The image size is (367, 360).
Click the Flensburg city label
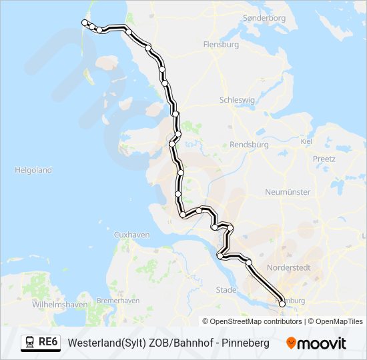point(220,45)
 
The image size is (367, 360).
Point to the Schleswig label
point(237,100)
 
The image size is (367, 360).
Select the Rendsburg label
point(248,144)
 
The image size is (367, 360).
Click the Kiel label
point(307,141)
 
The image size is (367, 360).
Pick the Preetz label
point(324,159)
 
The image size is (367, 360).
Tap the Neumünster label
point(288,192)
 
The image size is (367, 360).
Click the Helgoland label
point(33,170)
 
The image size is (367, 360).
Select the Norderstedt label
point(288,267)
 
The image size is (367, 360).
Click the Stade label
point(226,290)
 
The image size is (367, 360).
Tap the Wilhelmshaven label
point(60,305)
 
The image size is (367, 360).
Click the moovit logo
point(316,343)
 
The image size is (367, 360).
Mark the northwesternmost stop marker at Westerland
point(85,23)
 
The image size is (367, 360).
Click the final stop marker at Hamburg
point(282,304)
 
